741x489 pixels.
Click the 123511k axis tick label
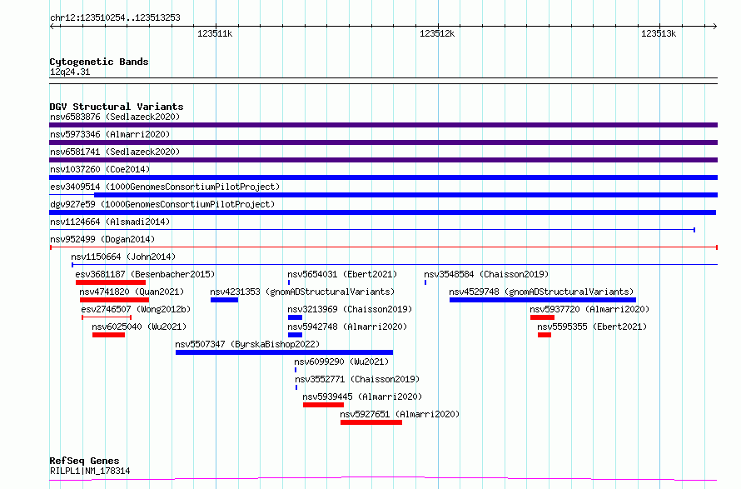pos(215,33)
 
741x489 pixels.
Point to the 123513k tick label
pos(659,33)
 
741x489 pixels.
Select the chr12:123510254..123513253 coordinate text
pos(115,18)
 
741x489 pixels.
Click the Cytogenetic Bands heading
pos(99,62)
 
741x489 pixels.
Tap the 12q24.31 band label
pos(70,72)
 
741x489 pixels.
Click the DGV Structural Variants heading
pos(117,107)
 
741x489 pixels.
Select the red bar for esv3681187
pos(111,282)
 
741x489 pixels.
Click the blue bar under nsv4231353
pos(224,300)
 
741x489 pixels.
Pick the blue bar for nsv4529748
pos(543,300)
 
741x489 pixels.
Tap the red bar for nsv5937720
pos(542,317)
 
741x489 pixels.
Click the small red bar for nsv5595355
pos(545,335)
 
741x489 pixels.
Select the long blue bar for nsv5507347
pos(284,352)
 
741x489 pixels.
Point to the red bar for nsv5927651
pos(371,422)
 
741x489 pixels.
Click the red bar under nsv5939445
pos(323,405)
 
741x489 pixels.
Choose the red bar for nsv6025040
pos(109,335)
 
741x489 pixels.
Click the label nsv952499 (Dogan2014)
pos(102,239)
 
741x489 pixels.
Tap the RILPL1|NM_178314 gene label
pos(90,471)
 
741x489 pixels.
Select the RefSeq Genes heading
pos(85,461)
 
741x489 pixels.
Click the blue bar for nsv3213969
pos(295,317)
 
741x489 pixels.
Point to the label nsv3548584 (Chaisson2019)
pos(486,274)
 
